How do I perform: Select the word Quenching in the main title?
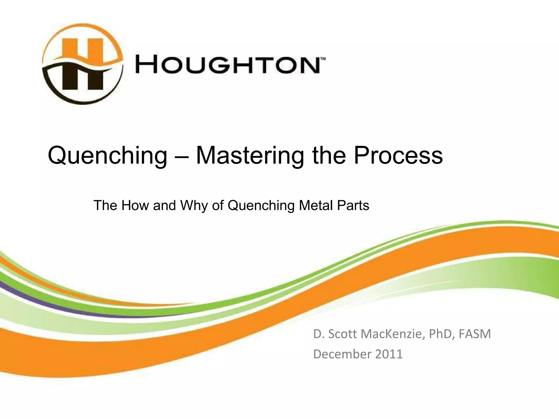tap(107, 155)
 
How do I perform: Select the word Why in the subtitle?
tap(194, 206)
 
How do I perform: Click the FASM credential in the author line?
tap(475, 334)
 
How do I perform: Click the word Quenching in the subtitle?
tap(261, 206)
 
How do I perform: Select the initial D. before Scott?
tap(319, 334)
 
